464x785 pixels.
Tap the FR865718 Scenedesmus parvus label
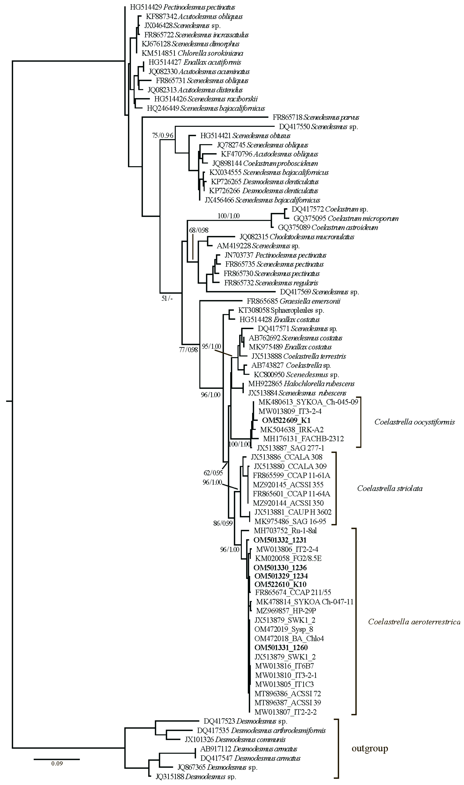point(316,118)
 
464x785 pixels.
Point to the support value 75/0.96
point(162,136)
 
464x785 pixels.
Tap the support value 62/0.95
point(213,473)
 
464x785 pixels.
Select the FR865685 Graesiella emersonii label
point(293,301)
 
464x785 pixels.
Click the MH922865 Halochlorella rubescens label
point(301,384)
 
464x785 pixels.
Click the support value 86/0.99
point(223,523)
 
